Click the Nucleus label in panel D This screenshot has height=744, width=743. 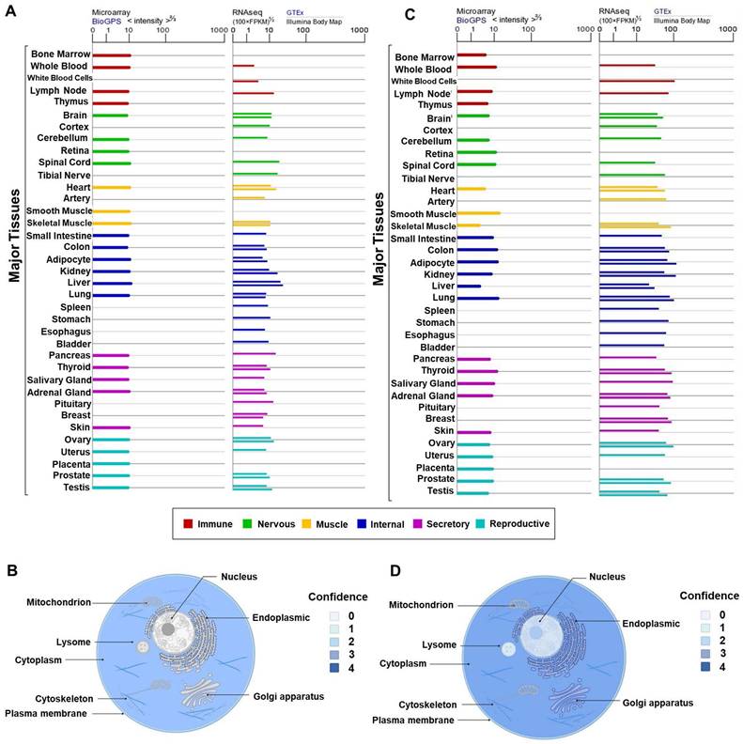point(609,576)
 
